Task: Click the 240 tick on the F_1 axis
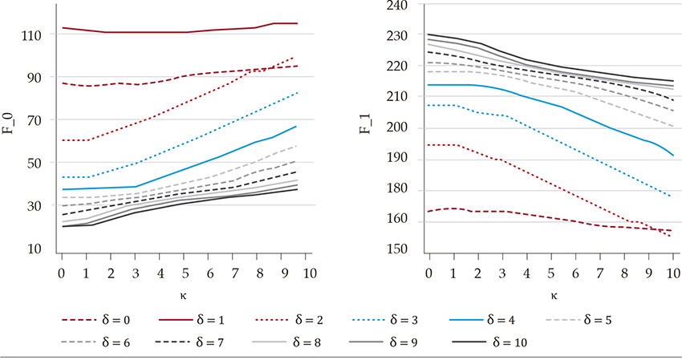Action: [397, 5]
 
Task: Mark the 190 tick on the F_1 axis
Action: [397, 159]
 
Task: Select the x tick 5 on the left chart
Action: [186, 274]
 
